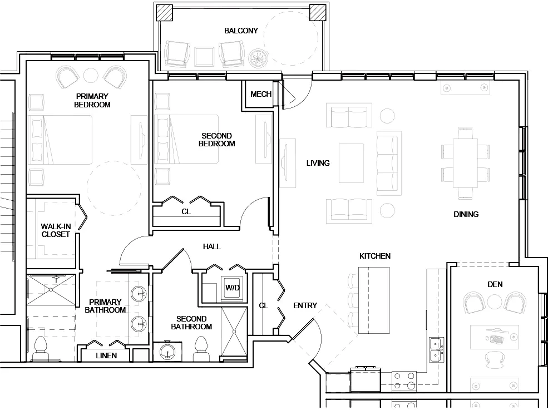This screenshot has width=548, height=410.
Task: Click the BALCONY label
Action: [x=241, y=31]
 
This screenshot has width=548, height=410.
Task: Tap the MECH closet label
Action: [x=261, y=94]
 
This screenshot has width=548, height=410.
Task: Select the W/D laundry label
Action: [x=233, y=288]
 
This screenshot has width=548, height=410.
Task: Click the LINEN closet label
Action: [x=106, y=355]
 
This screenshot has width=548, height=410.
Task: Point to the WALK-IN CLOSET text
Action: [x=56, y=230]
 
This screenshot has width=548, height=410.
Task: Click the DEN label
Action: [x=495, y=284]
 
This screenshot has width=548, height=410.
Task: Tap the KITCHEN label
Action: [x=374, y=256]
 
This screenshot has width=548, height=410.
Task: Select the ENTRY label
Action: [x=305, y=305]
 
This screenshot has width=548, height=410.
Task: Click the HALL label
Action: [x=211, y=246]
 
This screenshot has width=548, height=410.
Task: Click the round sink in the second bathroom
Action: [x=166, y=352]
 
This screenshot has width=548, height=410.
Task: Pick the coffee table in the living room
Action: [x=351, y=163]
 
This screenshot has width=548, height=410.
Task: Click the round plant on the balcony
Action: [x=259, y=57]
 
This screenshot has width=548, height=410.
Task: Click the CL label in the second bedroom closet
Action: [x=186, y=211]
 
